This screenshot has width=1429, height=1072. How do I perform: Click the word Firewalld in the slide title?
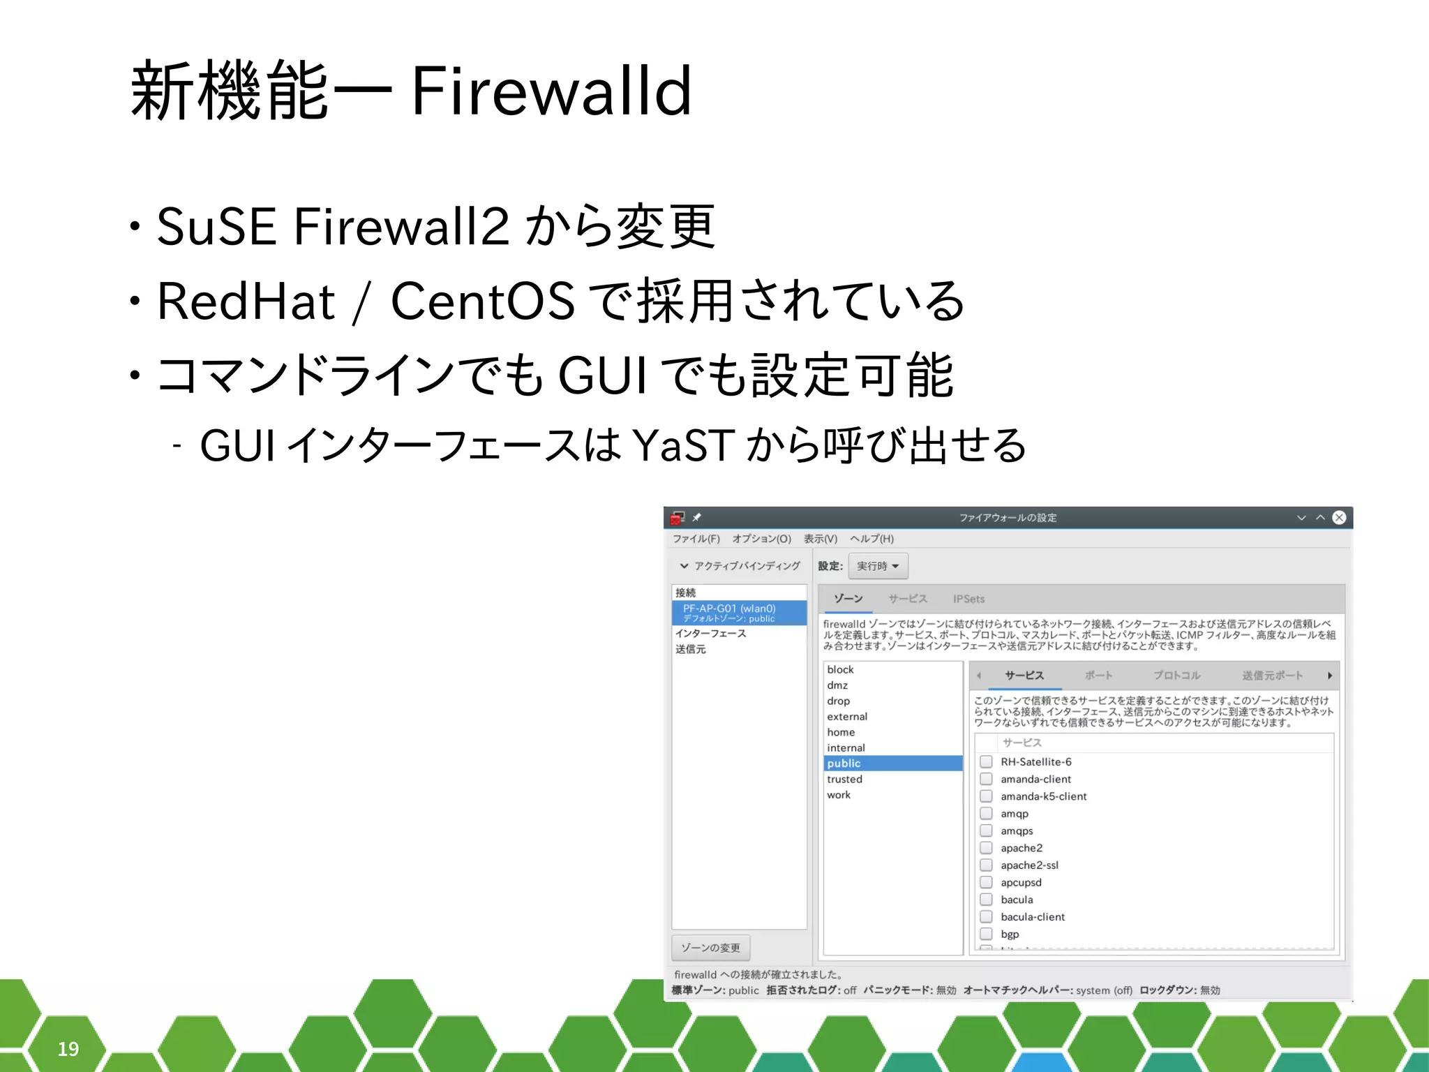pyautogui.click(x=551, y=91)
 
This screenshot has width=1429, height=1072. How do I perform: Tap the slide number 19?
pyautogui.click(x=68, y=1048)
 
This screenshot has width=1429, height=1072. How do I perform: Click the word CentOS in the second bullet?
pyautogui.click(x=483, y=301)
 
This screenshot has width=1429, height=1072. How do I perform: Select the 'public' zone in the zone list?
pyautogui.click(x=844, y=764)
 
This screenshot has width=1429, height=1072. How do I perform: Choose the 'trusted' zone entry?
pyautogui.click(x=845, y=779)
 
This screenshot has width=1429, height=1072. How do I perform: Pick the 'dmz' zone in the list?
pyautogui.click(x=837, y=685)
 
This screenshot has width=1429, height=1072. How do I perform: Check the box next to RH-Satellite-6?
pyautogui.click(x=986, y=761)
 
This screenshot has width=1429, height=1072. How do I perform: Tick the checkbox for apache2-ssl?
pyautogui.click(x=986, y=865)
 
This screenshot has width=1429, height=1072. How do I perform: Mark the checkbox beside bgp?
pyautogui.click(x=986, y=934)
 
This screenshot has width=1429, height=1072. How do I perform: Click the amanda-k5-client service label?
pyautogui.click(x=1043, y=796)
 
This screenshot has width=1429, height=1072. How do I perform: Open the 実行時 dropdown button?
pyautogui.click(x=878, y=566)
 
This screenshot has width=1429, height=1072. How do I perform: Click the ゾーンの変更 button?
pyautogui.click(x=710, y=948)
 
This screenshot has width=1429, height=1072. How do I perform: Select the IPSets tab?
pyautogui.click(x=968, y=599)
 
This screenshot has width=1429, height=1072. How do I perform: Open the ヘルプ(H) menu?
pyautogui.click(x=871, y=539)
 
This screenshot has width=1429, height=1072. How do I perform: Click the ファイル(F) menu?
pyautogui.click(x=696, y=539)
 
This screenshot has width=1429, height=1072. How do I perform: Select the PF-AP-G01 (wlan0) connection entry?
pyautogui.click(x=729, y=609)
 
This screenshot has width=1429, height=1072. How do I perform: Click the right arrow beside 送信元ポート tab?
pyautogui.click(x=1330, y=676)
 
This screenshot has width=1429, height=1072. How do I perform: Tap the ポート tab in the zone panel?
pyautogui.click(x=1098, y=676)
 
